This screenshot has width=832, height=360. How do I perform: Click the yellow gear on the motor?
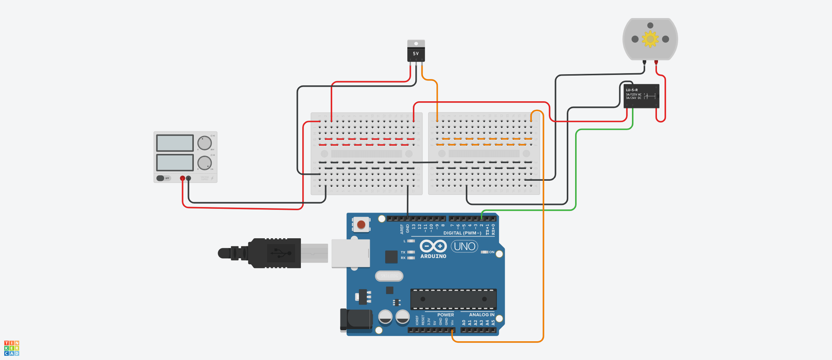(x=650, y=39)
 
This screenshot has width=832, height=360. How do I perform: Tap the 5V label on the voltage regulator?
(x=416, y=54)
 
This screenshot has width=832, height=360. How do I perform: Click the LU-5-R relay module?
(x=641, y=96)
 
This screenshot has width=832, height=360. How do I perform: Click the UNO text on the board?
(x=465, y=247)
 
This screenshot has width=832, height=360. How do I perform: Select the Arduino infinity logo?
(x=433, y=246)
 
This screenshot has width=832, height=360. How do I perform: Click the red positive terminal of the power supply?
(x=182, y=178)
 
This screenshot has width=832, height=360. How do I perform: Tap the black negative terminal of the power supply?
(x=189, y=178)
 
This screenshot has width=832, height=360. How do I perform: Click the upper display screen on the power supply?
(x=175, y=143)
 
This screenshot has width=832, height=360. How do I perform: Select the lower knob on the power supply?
(x=205, y=163)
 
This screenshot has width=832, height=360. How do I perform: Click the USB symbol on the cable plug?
(x=281, y=253)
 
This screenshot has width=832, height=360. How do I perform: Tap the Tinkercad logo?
(x=11, y=348)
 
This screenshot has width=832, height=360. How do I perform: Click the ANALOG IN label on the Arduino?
(x=482, y=315)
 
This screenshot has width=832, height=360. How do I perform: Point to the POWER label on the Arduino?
(x=445, y=315)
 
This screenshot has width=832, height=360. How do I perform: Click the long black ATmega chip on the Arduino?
(x=453, y=299)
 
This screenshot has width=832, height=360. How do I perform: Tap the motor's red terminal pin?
(x=656, y=62)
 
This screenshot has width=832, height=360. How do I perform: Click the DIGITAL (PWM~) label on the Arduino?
(x=462, y=233)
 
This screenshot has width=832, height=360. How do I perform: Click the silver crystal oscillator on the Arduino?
(x=389, y=276)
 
